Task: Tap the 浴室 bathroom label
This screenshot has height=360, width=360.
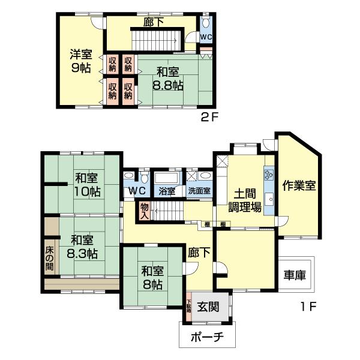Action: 167,191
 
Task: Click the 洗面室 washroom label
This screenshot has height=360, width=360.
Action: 199,191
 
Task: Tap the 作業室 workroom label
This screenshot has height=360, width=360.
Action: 299,185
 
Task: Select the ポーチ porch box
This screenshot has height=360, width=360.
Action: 207,336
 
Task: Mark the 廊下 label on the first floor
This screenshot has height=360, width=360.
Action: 199,253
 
